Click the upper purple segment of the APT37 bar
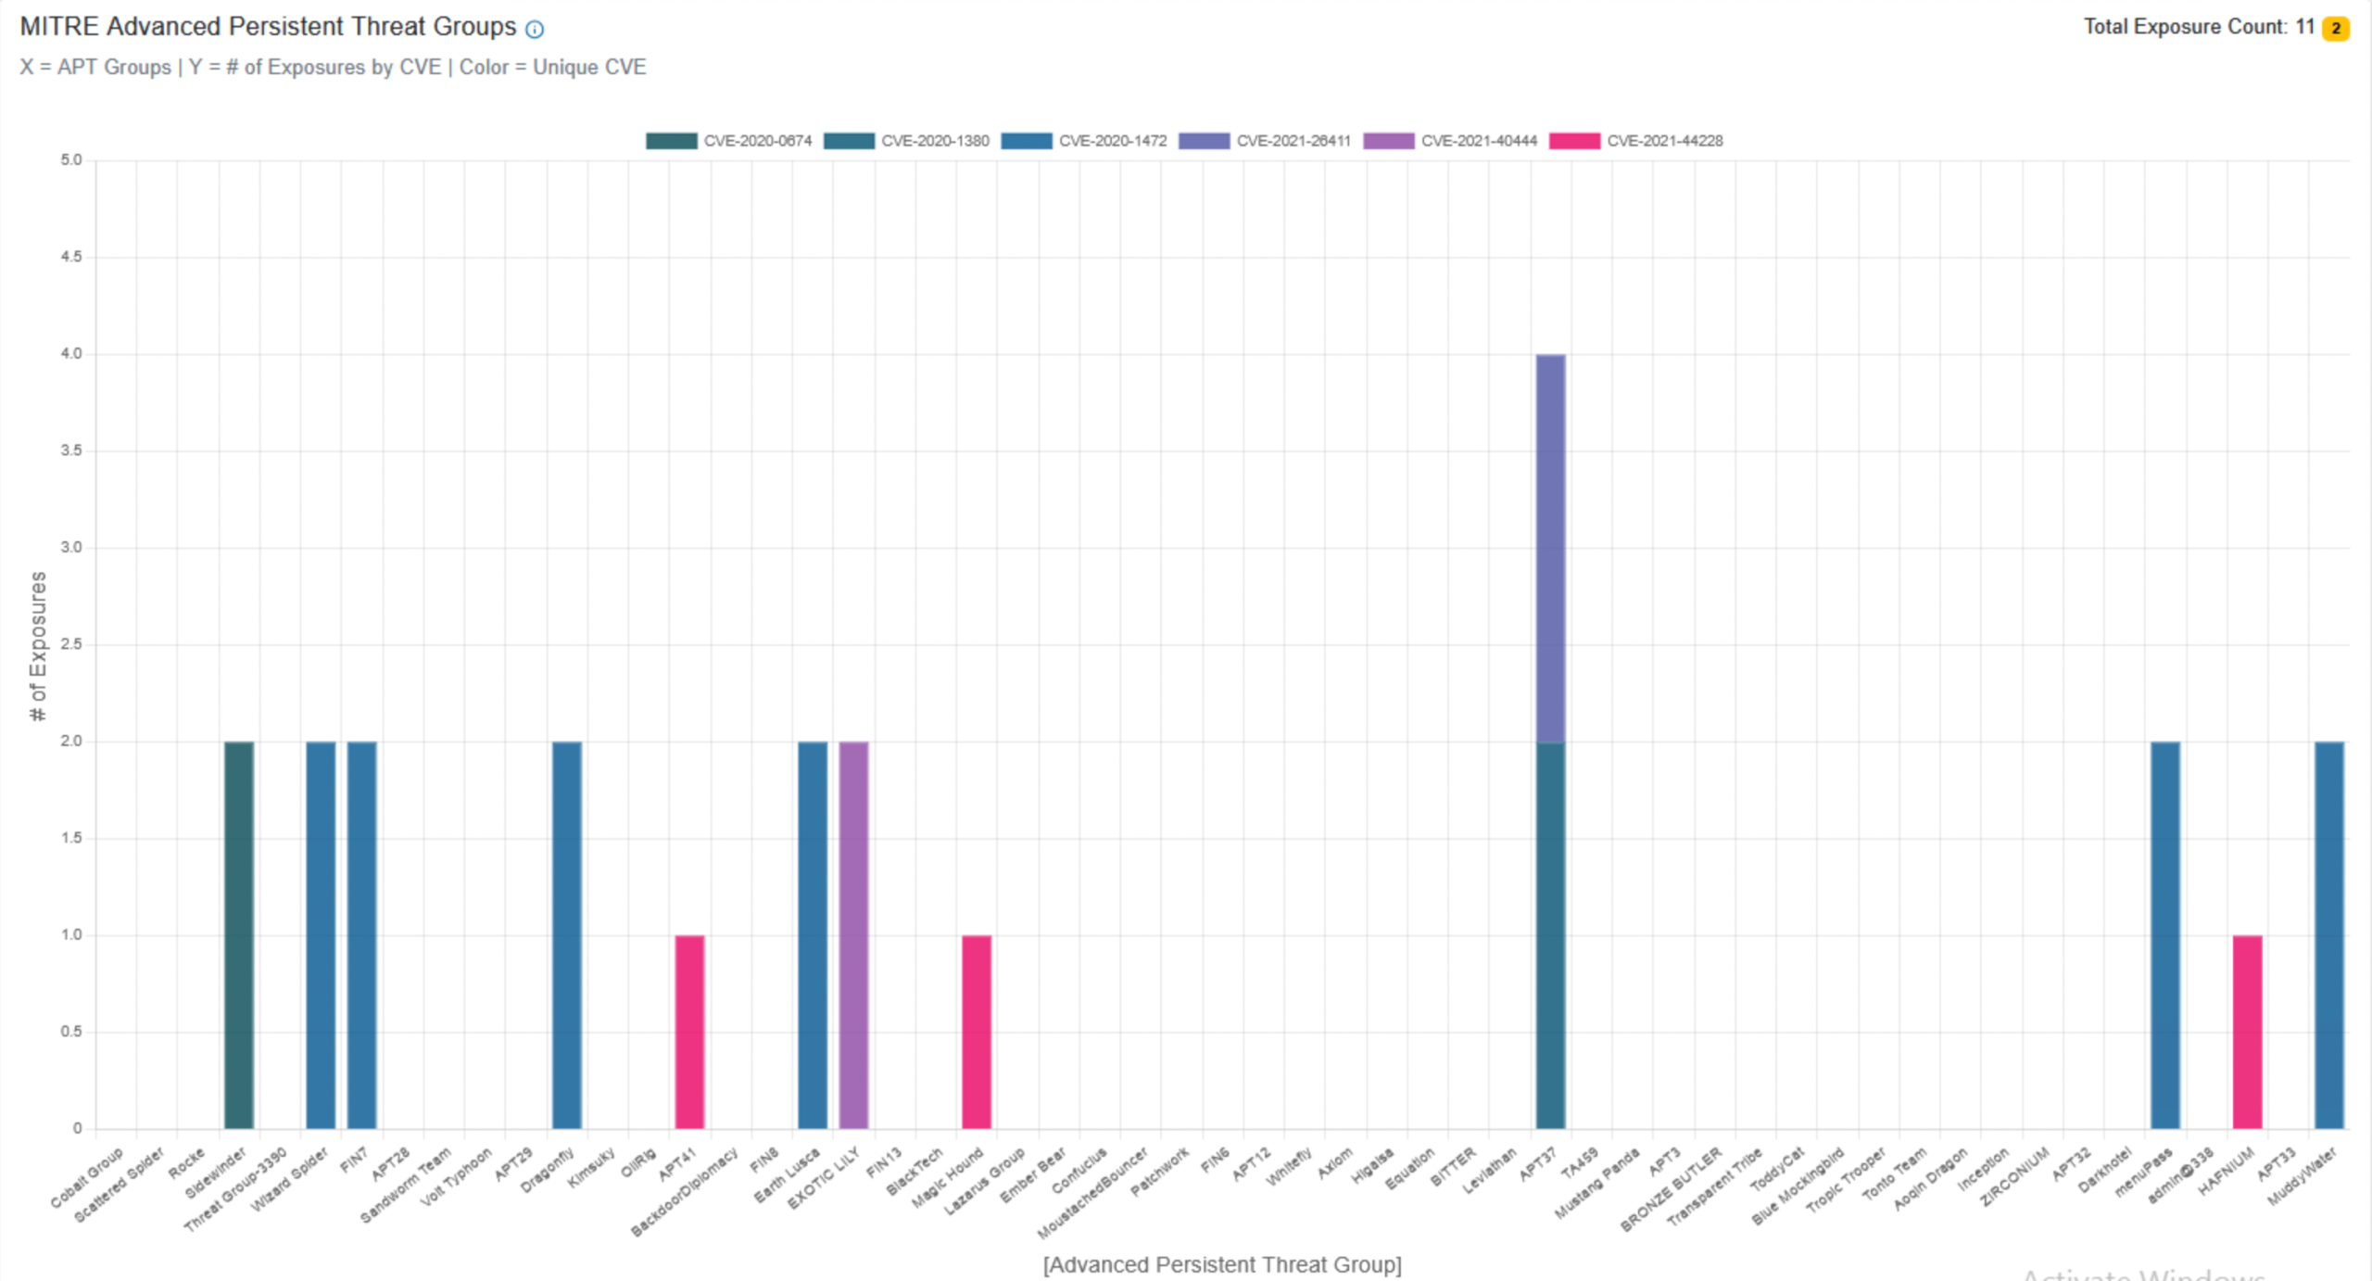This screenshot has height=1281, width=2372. (1550, 547)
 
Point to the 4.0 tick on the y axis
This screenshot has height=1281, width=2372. (71, 353)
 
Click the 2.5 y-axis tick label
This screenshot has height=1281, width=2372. (71, 644)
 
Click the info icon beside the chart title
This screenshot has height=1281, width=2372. (535, 30)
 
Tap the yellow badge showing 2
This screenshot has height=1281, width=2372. (2336, 29)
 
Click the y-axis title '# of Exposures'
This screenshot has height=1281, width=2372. (38, 645)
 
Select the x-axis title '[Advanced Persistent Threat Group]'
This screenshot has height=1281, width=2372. (1222, 1264)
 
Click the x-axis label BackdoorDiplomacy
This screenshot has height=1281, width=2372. (686, 1192)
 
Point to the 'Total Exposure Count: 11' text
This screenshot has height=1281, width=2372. (2199, 27)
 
